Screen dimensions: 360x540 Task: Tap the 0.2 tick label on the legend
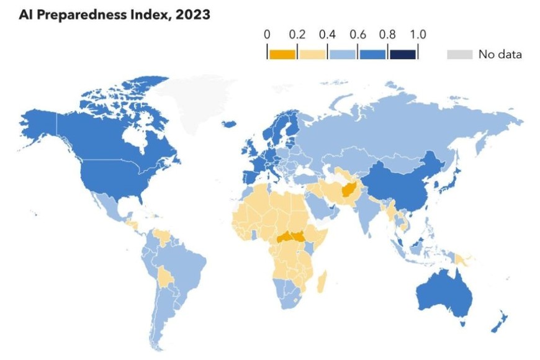coord(297,34)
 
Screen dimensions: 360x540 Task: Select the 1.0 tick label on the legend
coord(418,34)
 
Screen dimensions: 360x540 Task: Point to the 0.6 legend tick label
coord(358,34)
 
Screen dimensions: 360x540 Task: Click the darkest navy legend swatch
coord(402,54)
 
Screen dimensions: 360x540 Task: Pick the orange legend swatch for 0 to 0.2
coord(282,54)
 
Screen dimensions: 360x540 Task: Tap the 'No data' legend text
coord(500,55)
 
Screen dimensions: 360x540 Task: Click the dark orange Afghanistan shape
coord(348,186)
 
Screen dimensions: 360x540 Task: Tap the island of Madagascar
coord(322,284)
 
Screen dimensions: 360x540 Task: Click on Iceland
coord(229,124)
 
